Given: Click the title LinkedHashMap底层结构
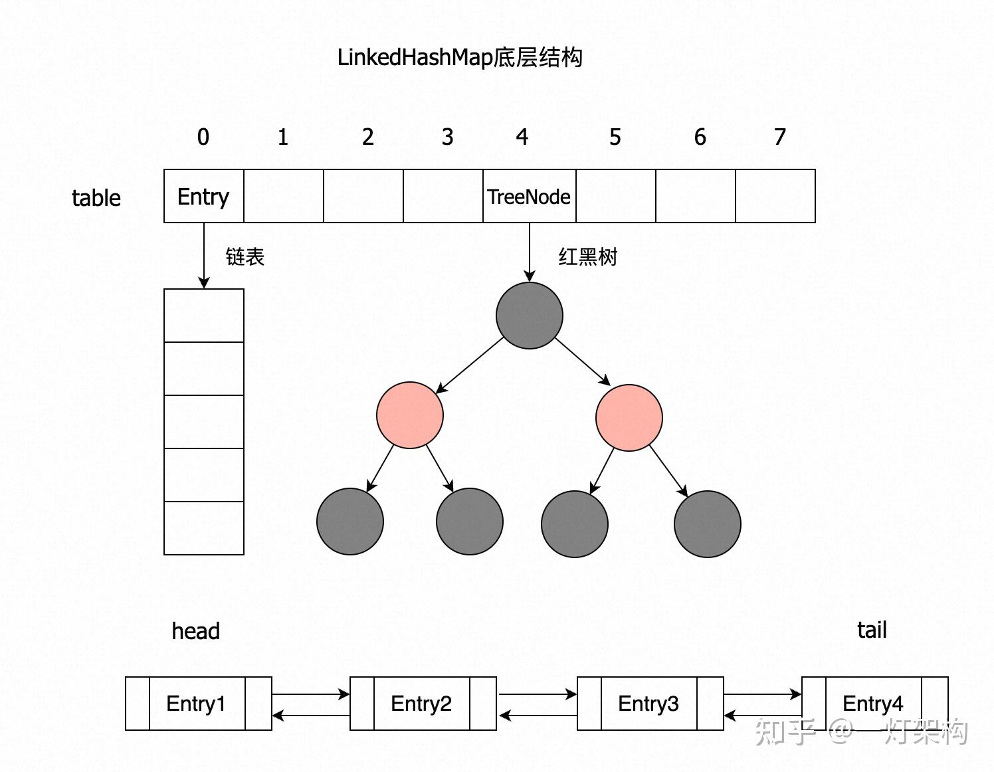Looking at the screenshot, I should pyautogui.click(x=460, y=57).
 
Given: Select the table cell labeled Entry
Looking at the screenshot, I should pyautogui.click(x=203, y=196).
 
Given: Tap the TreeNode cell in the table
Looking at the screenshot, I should pyautogui.click(x=529, y=196).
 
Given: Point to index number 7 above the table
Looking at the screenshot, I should pyautogui.click(x=779, y=137).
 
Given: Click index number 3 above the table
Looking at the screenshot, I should pyautogui.click(x=447, y=137).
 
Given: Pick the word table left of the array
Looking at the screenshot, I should pyautogui.click(x=96, y=198).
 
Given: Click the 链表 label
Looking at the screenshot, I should pyautogui.click(x=245, y=256).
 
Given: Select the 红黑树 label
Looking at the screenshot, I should pyautogui.click(x=587, y=256).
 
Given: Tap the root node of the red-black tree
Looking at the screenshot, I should pyautogui.click(x=529, y=315).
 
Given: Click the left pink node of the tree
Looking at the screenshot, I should pyautogui.click(x=409, y=415).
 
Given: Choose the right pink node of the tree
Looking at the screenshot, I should pyautogui.click(x=629, y=418).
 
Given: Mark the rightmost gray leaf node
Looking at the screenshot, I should pyautogui.click(x=707, y=524).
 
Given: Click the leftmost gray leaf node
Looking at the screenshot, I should pyautogui.click(x=349, y=522).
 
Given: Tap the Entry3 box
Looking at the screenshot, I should pyautogui.click(x=649, y=704).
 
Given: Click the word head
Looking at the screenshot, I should pyautogui.click(x=195, y=631).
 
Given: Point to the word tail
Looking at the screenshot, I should pyautogui.click(x=872, y=630).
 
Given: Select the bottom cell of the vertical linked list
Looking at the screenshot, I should pyautogui.click(x=203, y=528).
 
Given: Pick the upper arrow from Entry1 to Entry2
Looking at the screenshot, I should pyautogui.click(x=310, y=694).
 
